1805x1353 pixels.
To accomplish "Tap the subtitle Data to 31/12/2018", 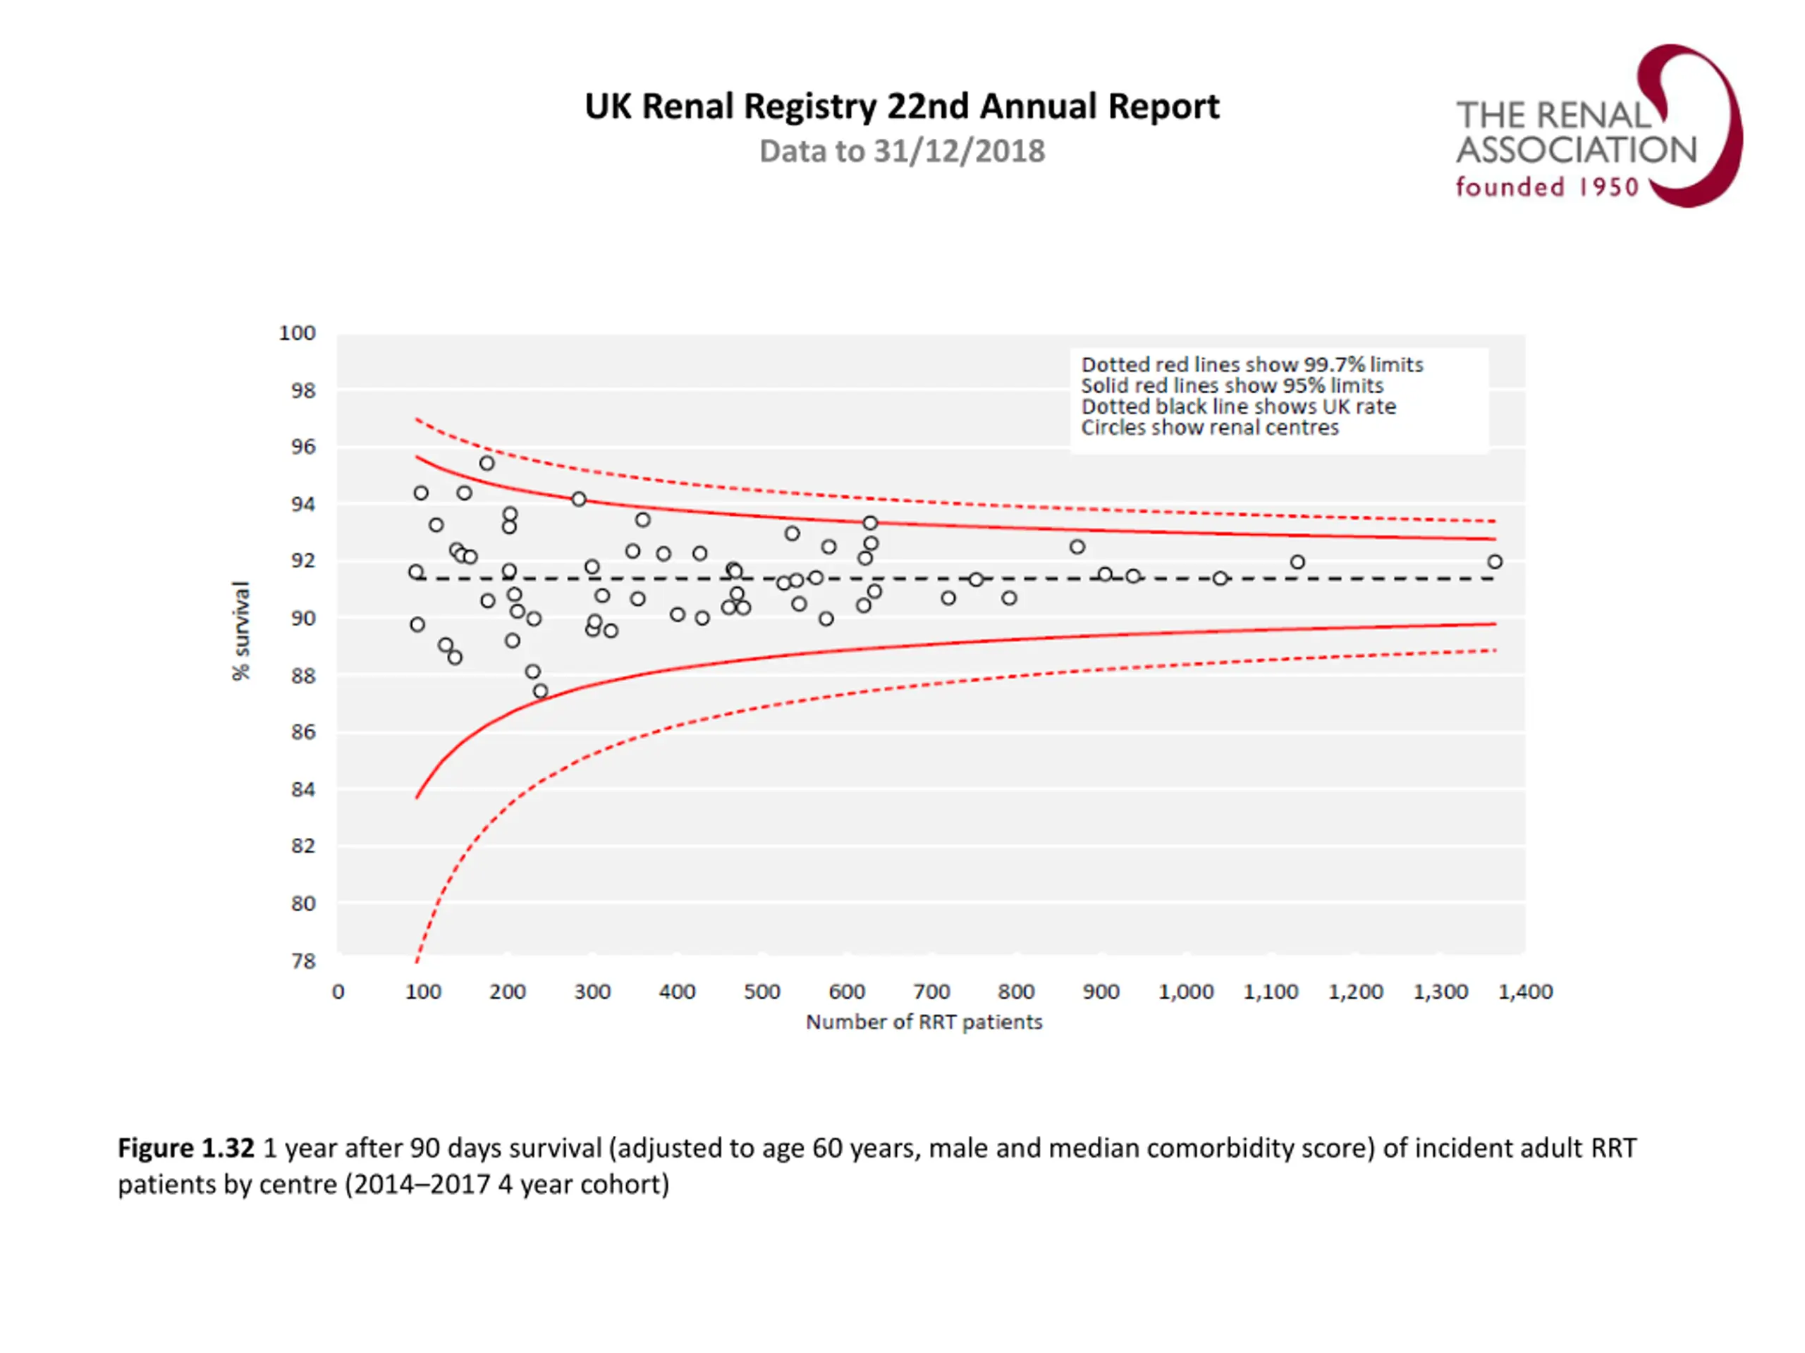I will [902, 152].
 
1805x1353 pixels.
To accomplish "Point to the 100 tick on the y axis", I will [297, 333].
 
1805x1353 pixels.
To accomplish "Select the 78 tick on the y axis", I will [302, 960].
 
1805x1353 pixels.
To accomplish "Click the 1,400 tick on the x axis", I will [1525, 991].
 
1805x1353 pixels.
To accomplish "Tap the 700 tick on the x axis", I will [931, 991].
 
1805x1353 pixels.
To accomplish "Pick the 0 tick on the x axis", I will [338, 991].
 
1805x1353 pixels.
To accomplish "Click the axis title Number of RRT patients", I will [924, 1022].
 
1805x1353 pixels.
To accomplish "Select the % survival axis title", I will [240, 631].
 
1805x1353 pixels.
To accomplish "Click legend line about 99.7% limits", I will [1252, 364].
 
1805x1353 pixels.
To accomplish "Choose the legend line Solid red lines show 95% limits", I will [1232, 385].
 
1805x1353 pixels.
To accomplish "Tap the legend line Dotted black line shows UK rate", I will [1238, 406].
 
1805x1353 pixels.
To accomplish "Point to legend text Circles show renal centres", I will [1209, 427].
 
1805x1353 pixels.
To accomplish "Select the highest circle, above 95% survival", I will [487, 463].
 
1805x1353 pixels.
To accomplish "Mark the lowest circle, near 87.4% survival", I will [540, 691].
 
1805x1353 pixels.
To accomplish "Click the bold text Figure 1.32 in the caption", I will [186, 1149].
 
